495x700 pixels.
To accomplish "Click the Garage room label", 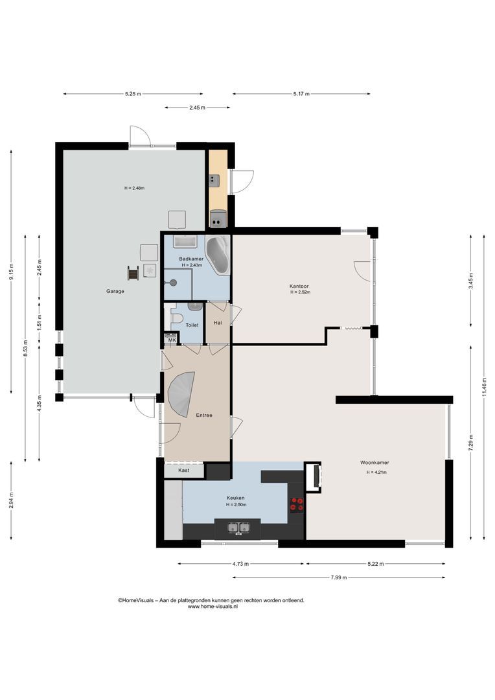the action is tap(115, 291).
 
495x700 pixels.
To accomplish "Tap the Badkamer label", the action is tap(191, 259).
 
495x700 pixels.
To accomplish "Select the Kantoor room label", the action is tap(299, 286).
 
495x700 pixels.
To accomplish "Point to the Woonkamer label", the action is tap(374, 463).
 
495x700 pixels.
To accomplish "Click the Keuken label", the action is tap(236, 498).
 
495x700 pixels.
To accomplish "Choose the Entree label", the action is tap(204, 415).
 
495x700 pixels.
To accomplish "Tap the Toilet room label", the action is tap(192, 325).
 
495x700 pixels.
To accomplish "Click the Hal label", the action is tap(218, 322).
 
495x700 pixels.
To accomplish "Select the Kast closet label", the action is tap(183, 470).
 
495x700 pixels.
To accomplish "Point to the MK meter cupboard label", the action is tap(172, 340).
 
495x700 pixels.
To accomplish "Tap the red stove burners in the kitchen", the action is tap(297, 504).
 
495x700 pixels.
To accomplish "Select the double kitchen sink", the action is tap(238, 528).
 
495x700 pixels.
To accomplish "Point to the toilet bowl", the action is tap(177, 318).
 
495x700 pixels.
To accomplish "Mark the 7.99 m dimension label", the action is tap(338, 577).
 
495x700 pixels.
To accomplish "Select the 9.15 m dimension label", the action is tap(11, 272).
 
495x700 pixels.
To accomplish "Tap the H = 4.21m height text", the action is tap(376, 472).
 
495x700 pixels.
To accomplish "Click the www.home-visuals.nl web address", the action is tap(213, 606).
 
